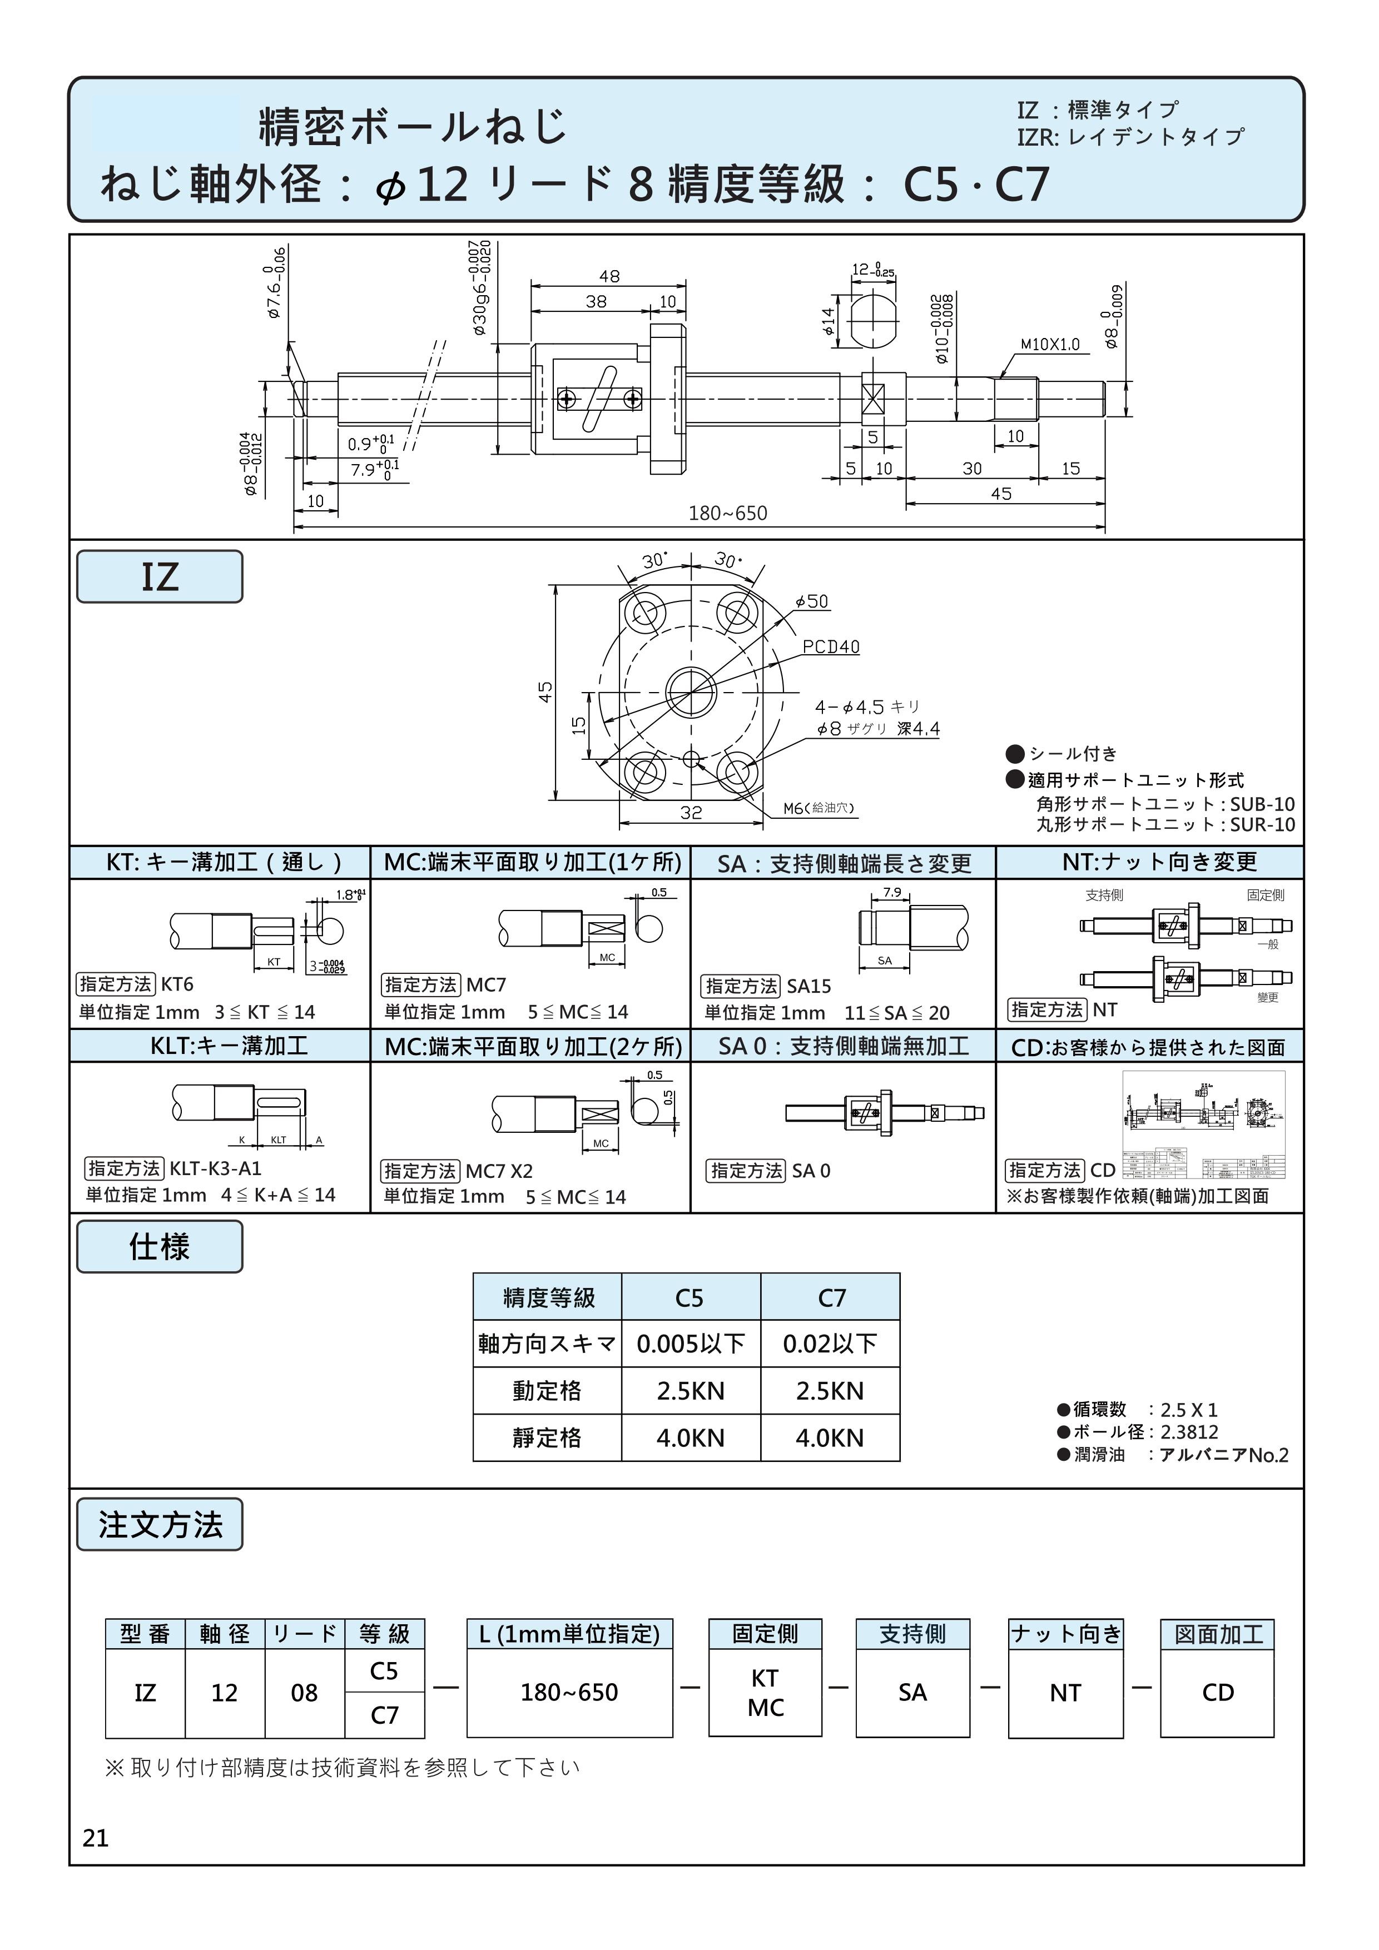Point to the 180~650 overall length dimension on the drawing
pos(727,513)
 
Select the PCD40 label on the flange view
pos(831,646)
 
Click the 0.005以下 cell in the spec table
pos(690,1344)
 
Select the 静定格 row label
pos(547,1438)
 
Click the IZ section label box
pos(160,576)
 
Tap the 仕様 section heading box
pos(160,1247)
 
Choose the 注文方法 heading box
pos(160,1525)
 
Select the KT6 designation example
pos(177,984)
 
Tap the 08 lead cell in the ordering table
pos(304,1693)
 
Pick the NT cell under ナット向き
pos(1065,1693)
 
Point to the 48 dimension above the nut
pos(609,276)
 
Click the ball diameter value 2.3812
pos(1189,1432)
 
